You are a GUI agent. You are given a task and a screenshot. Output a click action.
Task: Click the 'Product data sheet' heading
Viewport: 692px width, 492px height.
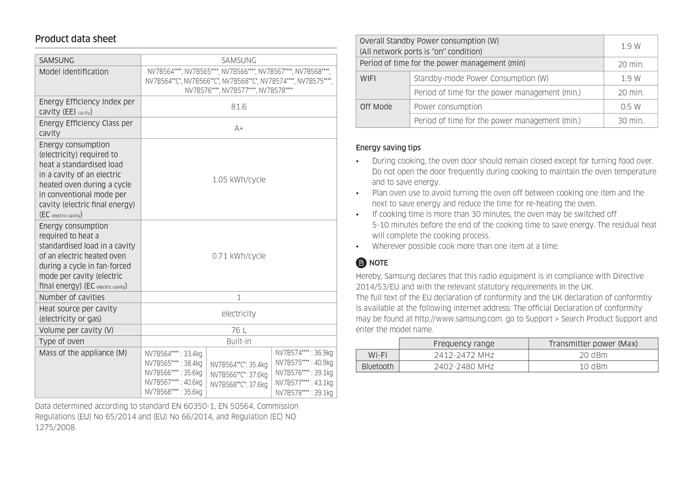click(x=75, y=39)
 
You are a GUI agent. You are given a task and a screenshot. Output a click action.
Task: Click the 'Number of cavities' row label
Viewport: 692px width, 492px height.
click(x=72, y=297)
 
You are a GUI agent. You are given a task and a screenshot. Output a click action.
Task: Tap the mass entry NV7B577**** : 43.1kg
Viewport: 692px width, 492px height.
click(x=304, y=383)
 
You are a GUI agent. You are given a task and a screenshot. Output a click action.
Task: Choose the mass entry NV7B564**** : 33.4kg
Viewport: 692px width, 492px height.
click(x=173, y=354)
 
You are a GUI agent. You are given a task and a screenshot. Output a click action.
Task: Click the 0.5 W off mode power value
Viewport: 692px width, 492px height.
click(x=630, y=107)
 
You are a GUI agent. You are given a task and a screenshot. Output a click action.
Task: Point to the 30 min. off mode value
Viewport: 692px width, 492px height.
click(x=630, y=121)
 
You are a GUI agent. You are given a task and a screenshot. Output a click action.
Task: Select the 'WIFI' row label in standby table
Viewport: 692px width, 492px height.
click(x=368, y=78)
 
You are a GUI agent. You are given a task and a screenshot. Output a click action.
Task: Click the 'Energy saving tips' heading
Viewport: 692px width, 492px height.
click(x=388, y=147)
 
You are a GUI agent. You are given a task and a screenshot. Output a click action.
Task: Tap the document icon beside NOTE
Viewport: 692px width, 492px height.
click(x=361, y=263)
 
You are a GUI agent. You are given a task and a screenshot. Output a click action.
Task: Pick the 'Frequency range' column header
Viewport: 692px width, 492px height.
click(x=464, y=344)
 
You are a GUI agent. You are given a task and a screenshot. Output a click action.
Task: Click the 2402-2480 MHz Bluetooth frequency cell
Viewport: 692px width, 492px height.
click(x=464, y=366)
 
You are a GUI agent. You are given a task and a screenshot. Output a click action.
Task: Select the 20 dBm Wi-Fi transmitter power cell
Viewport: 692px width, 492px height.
click(x=593, y=355)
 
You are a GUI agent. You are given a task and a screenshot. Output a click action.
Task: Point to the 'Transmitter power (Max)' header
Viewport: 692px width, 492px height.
click(x=593, y=344)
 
